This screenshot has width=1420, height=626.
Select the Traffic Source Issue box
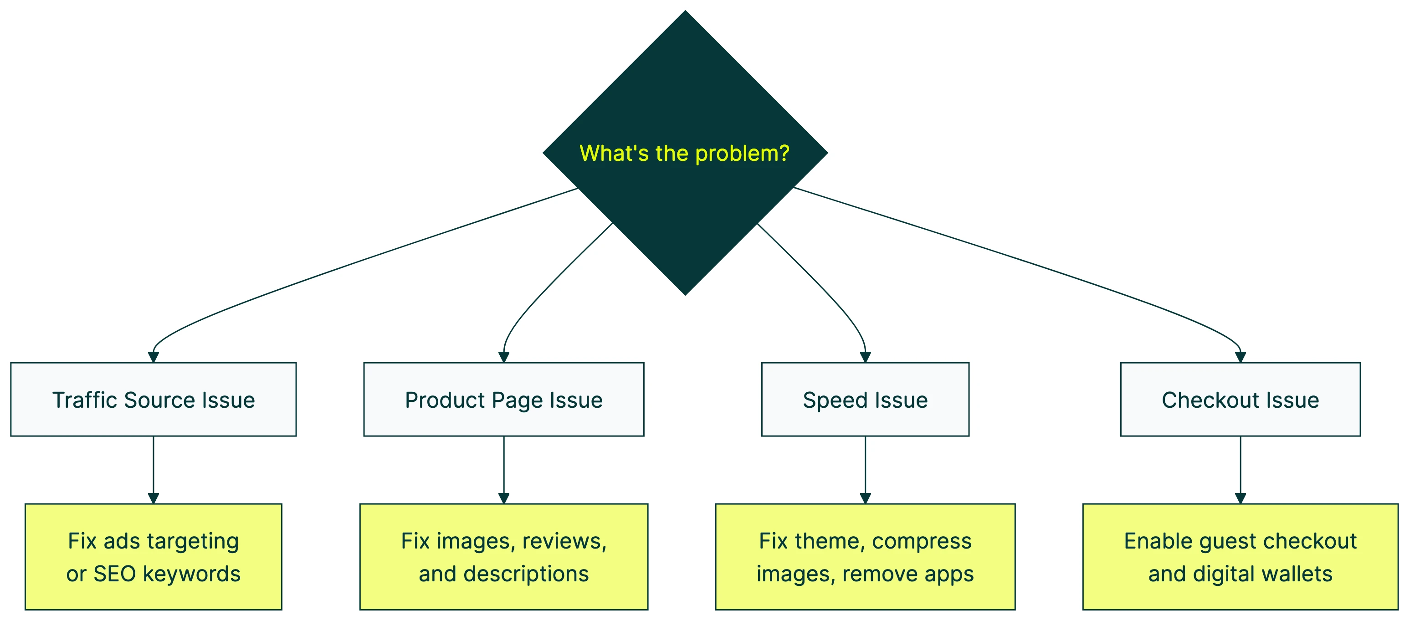coord(153,400)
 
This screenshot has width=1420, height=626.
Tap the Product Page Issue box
coord(503,400)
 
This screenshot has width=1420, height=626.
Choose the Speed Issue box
coord(865,400)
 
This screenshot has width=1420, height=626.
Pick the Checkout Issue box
coord(1241,400)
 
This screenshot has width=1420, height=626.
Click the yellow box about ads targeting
coord(153,557)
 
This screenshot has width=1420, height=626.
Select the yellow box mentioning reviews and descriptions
coord(503,557)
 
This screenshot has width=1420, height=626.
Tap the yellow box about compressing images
coord(865,557)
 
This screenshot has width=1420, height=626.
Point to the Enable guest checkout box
coord(1241,557)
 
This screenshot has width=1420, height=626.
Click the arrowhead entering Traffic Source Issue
coord(153,357)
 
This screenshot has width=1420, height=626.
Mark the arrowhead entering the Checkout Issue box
coord(1241,357)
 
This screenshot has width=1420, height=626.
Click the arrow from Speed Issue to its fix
coord(865,468)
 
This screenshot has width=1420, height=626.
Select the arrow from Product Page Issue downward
coord(503,468)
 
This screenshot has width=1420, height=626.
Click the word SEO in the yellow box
coord(115,574)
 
